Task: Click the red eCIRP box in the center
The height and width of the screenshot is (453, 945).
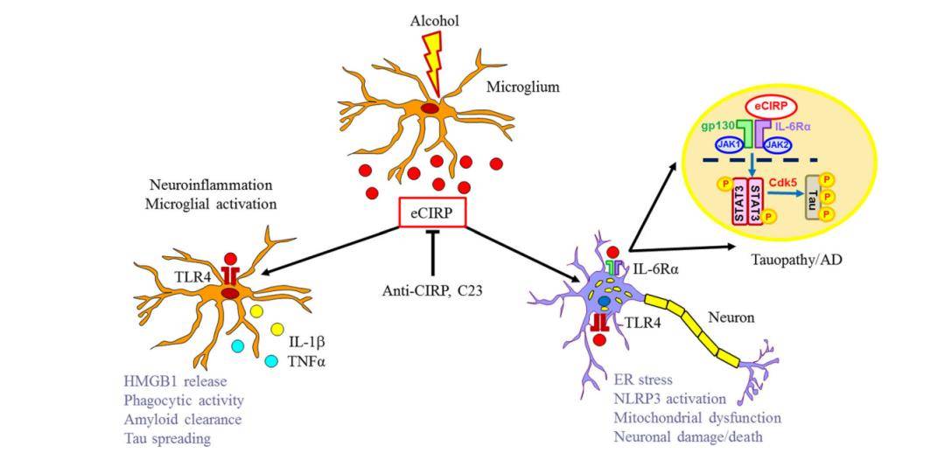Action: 431,213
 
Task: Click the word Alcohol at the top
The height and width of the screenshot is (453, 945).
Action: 434,19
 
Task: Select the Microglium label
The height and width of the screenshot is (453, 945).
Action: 522,87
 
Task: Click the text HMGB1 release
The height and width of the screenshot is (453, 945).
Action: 176,380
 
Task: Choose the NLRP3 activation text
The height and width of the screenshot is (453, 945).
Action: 668,398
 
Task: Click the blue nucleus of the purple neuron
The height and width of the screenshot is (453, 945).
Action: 604,303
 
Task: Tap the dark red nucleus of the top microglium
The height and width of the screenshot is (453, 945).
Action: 430,108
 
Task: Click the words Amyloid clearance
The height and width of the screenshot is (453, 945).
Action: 183,419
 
